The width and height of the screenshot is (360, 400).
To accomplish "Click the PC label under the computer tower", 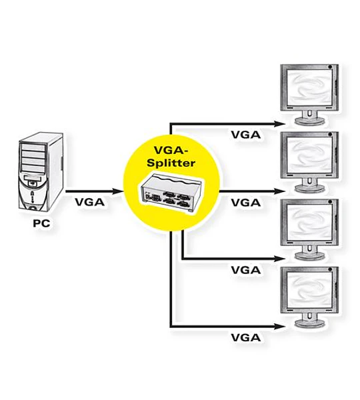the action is coord(41,223).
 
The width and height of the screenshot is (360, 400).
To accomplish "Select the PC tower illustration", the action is coord(41,172).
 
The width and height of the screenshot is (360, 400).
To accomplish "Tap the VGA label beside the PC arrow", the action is coord(90,202).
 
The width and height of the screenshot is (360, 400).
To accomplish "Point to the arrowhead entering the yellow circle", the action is coord(117,191).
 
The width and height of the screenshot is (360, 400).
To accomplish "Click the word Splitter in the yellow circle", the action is coord(171,163).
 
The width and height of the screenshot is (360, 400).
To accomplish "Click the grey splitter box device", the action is coord(171,192).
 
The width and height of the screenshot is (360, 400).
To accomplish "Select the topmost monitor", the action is coord(309,95).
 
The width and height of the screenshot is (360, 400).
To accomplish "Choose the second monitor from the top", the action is coord(309,162).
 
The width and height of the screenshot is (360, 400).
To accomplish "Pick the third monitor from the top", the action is coord(309,229).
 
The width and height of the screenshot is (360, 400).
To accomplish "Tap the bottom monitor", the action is coord(309,297).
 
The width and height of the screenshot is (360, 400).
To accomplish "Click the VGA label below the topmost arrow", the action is coord(246,135).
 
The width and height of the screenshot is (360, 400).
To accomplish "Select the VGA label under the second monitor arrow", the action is coord(246,203).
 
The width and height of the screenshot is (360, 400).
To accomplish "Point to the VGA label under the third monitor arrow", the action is coord(246,270).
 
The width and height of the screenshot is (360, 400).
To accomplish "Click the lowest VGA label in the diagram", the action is coord(246,338).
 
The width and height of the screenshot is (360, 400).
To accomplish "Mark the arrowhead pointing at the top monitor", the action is coord(279,124).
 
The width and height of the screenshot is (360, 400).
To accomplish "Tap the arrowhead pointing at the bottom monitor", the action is coord(279,326).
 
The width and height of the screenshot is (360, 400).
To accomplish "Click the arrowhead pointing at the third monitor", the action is coord(279,259).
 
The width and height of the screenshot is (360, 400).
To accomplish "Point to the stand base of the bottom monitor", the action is coord(310,323).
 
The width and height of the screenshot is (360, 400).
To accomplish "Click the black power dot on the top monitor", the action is coord(330,67).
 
